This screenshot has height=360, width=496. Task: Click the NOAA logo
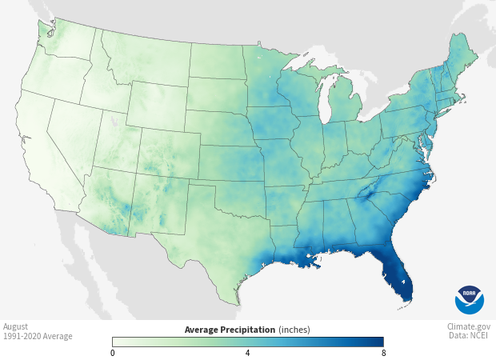[470, 299]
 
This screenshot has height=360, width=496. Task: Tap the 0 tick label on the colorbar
[113, 353]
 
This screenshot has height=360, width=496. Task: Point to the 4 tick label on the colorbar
[247, 353]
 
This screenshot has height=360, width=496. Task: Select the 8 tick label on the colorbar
[382, 353]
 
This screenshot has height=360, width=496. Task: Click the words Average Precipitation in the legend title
[230, 330]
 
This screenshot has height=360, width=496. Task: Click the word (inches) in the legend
[294, 330]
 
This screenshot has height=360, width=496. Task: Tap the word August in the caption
[16, 326]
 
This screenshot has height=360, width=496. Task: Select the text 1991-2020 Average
[38, 336]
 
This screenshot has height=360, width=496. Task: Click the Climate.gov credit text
[469, 326]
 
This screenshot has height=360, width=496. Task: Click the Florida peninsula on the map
[397, 276]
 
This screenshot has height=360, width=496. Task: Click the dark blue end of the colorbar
[378, 342]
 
